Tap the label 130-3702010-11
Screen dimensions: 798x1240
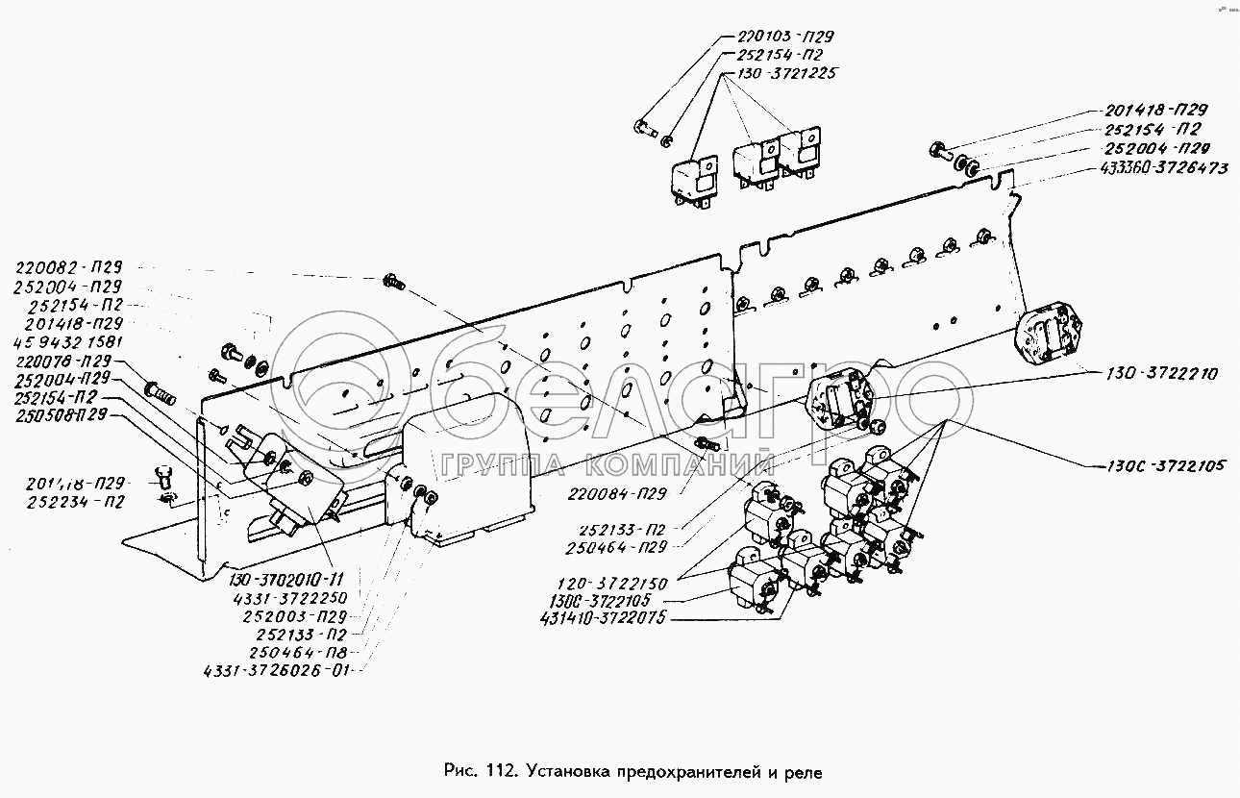285,578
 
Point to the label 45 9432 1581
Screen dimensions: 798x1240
69,341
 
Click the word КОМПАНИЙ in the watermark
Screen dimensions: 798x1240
679,467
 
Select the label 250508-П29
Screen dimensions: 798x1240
61,415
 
